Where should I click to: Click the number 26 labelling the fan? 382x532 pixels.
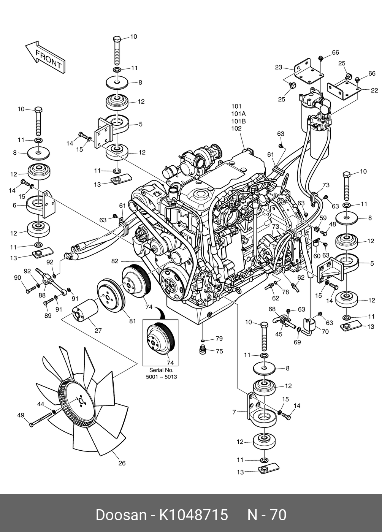(x=122, y=463)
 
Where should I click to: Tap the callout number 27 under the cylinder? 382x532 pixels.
(x=98, y=331)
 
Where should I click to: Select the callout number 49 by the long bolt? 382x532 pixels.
(x=21, y=415)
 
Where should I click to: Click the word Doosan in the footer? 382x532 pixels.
(x=121, y=515)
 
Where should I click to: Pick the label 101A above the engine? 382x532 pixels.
(x=238, y=114)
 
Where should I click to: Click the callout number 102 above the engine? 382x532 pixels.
(x=236, y=128)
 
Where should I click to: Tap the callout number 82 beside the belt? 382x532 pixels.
(x=115, y=261)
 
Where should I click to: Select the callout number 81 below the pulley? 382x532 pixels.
(x=132, y=321)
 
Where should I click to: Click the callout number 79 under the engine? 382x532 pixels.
(x=219, y=339)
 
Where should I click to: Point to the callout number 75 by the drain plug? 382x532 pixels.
(x=219, y=351)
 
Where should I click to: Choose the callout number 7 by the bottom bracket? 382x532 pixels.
(x=235, y=412)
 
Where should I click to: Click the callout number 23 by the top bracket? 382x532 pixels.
(x=279, y=67)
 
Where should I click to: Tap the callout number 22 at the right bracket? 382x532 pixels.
(x=374, y=90)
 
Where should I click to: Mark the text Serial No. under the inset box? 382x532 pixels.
(x=161, y=370)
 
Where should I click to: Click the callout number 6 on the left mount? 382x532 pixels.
(x=14, y=205)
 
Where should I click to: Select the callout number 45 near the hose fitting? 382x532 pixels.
(x=279, y=334)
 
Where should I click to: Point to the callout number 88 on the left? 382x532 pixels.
(x=42, y=295)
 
